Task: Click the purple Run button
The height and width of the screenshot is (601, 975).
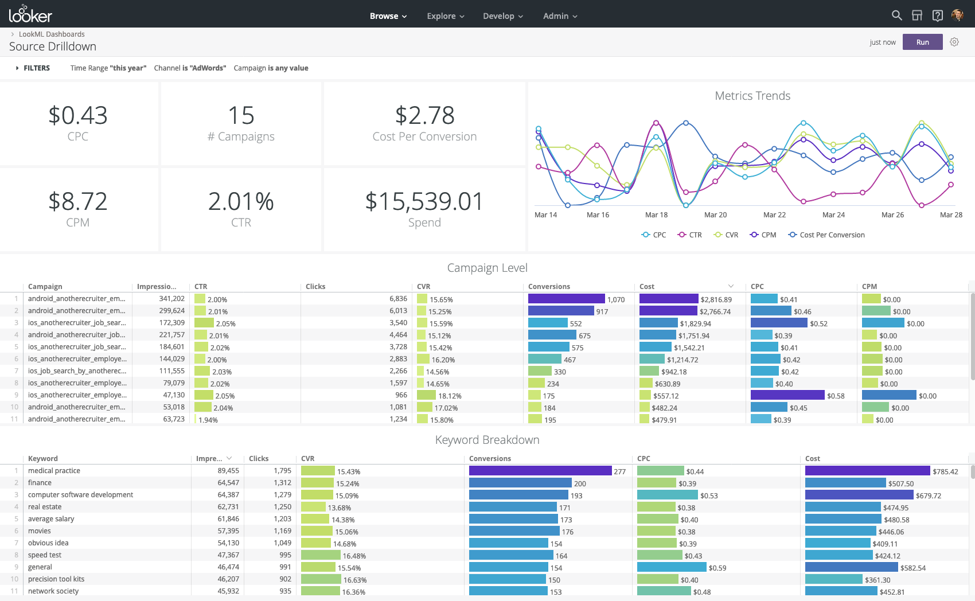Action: click(x=922, y=42)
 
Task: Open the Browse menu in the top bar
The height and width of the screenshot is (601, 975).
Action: click(x=388, y=16)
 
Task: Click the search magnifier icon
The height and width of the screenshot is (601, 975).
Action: click(x=896, y=15)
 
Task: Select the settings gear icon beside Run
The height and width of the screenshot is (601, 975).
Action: click(x=954, y=42)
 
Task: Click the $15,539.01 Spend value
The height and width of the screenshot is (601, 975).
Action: click(x=424, y=201)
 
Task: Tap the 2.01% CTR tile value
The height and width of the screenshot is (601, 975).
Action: click(x=241, y=201)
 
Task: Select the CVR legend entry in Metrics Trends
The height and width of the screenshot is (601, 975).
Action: click(x=726, y=235)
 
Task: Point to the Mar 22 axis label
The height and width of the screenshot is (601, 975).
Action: click(x=774, y=214)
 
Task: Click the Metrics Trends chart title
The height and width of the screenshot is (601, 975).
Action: click(x=752, y=96)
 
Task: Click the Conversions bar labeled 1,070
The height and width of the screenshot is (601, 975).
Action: click(x=566, y=299)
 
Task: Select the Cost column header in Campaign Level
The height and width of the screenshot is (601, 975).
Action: click(x=647, y=286)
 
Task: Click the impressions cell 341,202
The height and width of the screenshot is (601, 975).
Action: click(x=171, y=299)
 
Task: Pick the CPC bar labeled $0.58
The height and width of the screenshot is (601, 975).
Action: click(x=787, y=395)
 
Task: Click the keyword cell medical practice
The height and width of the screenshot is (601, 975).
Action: click(x=54, y=471)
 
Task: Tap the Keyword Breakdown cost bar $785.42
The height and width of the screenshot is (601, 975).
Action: click(x=867, y=471)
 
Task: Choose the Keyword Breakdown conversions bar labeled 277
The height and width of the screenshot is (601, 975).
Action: click(x=540, y=471)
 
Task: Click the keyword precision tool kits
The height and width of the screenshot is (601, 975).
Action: click(x=56, y=579)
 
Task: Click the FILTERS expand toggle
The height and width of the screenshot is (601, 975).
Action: click(x=18, y=68)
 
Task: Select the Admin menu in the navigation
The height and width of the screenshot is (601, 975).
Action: click(x=560, y=16)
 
